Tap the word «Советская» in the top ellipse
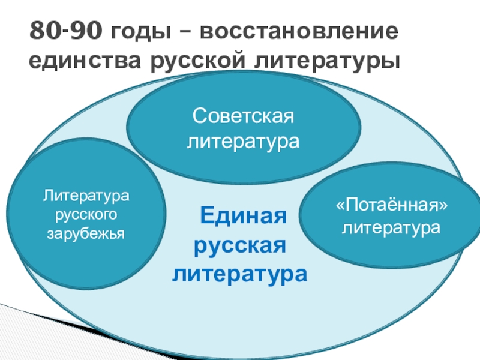point(244,117)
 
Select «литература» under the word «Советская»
point(244,142)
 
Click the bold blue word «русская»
point(240,244)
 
